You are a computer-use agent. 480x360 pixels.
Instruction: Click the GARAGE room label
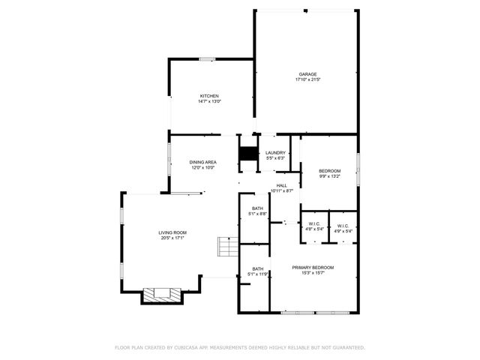[x=307, y=73]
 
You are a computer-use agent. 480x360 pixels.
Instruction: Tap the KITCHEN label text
[x=208, y=96]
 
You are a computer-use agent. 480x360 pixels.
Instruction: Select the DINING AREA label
[x=202, y=162]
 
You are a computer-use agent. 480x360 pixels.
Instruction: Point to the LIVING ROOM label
[x=172, y=232]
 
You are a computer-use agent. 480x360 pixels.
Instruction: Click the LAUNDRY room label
[x=275, y=153]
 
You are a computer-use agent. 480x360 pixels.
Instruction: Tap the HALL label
[x=281, y=185]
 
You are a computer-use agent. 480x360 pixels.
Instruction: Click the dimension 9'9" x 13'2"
[x=330, y=177]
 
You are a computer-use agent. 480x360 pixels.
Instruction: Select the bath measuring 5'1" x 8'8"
[x=257, y=214]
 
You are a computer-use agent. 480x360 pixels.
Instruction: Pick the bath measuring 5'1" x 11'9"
[x=257, y=274]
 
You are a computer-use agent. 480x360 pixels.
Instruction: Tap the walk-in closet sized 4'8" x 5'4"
[x=314, y=230]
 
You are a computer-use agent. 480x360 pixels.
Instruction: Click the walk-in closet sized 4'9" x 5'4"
[x=343, y=230]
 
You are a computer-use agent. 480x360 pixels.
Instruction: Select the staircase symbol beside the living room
[x=227, y=247]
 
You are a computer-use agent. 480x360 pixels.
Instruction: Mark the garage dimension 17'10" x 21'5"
[x=307, y=79]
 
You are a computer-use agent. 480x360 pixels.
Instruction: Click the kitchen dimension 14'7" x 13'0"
[x=208, y=102]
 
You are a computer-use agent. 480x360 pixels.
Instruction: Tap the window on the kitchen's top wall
[x=207, y=59]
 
